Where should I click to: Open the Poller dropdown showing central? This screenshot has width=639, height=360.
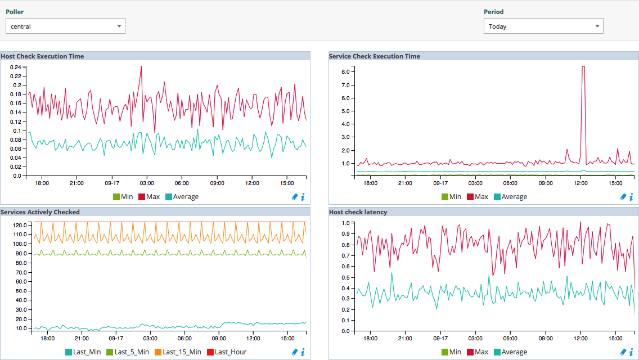click(x=65, y=26)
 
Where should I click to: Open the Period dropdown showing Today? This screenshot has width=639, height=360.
click(x=543, y=26)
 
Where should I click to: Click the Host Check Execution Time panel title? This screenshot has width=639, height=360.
click(x=43, y=56)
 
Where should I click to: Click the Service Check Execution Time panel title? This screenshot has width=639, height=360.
click(x=375, y=56)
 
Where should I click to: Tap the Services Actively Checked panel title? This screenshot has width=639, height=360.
click(x=40, y=212)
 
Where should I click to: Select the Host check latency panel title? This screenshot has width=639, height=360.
click(x=358, y=212)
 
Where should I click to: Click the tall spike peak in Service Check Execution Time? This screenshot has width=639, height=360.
click(x=583, y=66)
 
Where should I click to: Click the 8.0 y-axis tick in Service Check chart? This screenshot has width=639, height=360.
click(x=345, y=72)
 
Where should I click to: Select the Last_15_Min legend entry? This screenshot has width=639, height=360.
click(x=179, y=352)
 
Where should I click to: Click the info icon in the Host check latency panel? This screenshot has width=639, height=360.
click(x=631, y=352)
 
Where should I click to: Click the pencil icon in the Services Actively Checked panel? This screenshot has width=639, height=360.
click(x=295, y=352)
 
